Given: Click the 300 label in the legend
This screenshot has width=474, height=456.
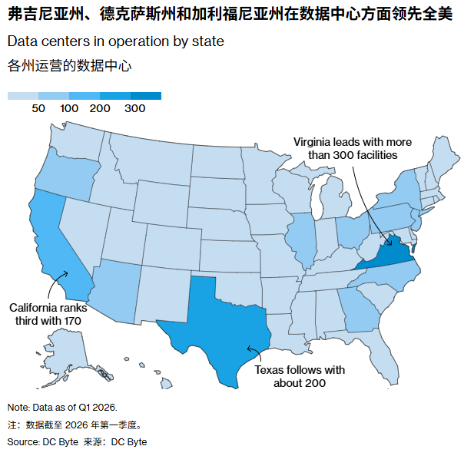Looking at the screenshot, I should pyautogui.click(x=135, y=109).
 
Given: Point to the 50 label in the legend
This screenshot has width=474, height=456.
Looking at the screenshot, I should pyautogui.click(x=38, y=109).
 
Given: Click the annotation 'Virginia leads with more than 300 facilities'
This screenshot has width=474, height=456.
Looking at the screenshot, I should pyautogui.click(x=353, y=148).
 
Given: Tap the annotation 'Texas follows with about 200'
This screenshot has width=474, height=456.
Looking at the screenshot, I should pyautogui.click(x=300, y=376).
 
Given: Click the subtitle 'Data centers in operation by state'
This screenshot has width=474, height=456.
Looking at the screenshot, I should pyautogui.click(x=116, y=41).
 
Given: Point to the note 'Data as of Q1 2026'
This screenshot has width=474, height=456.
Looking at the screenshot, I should pyautogui.click(x=62, y=407).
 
